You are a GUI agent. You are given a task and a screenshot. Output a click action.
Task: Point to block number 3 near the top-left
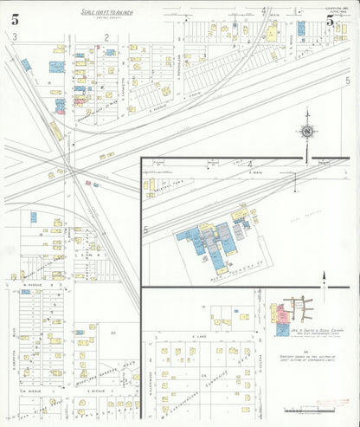pyautogui.click(x=16, y=36)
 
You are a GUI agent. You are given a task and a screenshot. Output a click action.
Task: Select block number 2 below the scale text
pyautogui.click(x=106, y=36)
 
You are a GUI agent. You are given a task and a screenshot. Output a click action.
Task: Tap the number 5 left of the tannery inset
pyautogui.click(x=146, y=230)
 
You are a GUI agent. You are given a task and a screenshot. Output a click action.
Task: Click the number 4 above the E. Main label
pyautogui.click(x=250, y=164)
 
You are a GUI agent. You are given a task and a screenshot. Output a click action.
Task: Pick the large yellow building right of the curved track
pyautogui.click(x=272, y=32)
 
